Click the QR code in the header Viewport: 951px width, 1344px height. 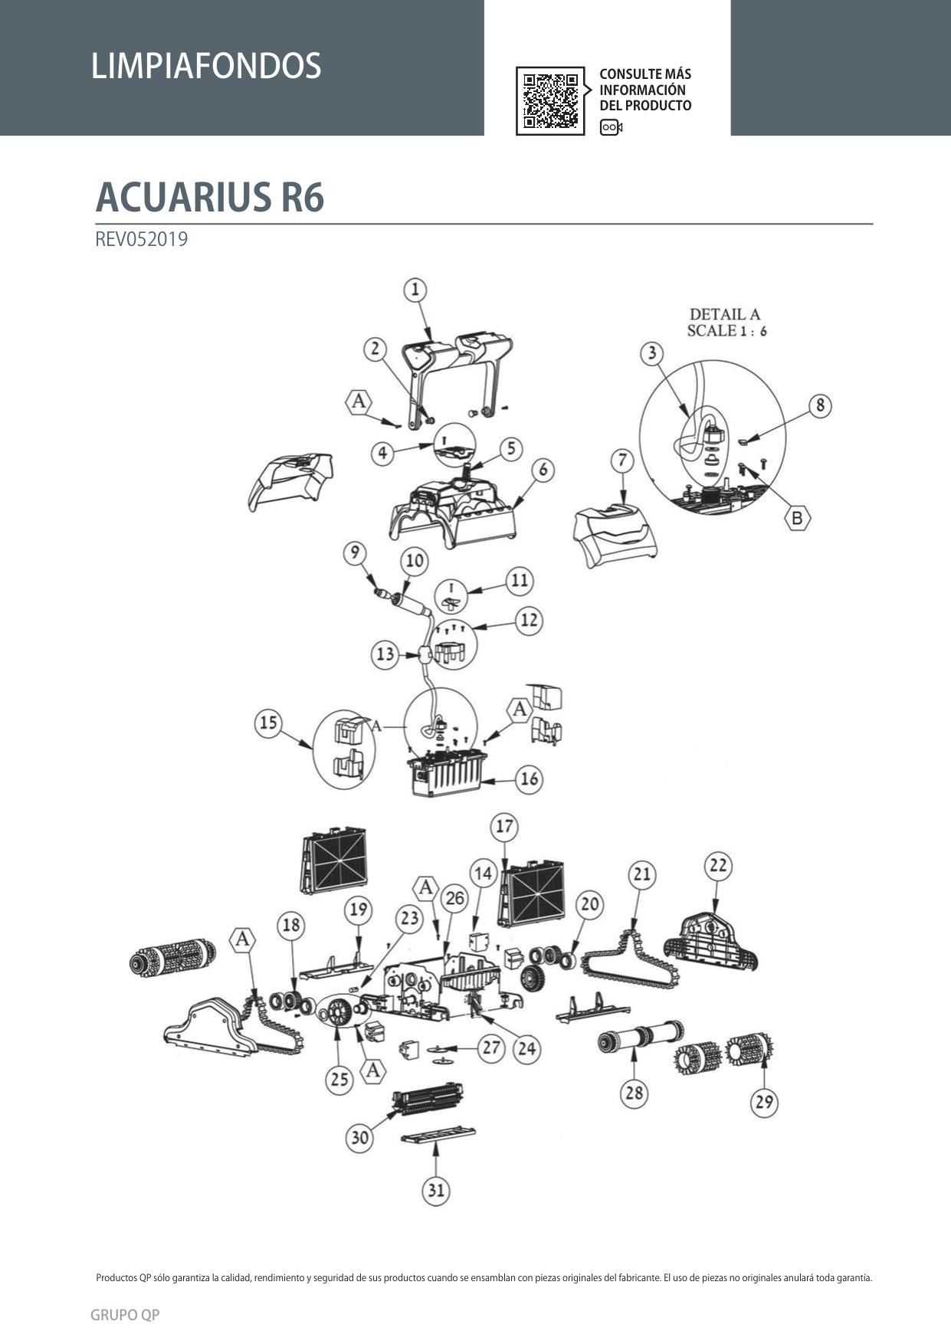pyautogui.click(x=550, y=100)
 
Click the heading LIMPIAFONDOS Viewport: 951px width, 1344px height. pyautogui.click(x=206, y=66)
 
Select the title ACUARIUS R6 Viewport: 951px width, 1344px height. pyautogui.click(x=210, y=197)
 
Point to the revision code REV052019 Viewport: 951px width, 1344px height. pyautogui.click(x=142, y=239)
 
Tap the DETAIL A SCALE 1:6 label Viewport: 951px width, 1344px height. pyautogui.click(x=726, y=322)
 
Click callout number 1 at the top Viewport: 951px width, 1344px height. pyautogui.click(x=415, y=290)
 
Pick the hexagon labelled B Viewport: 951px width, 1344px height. pyautogui.click(x=797, y=518)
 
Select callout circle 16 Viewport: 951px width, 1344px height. pyautogui.click(x=530, y=779)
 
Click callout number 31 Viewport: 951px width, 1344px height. pyautogui.click(x=435, y=1190)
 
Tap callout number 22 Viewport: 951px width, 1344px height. pyautogui.click(x=718, y=866)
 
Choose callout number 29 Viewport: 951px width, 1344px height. pyautogui.click(x=764, y=1102)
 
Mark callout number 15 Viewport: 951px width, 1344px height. pyautogui.click(x=268, y=723)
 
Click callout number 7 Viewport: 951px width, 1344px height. pyautogui.click(x=622, y=461)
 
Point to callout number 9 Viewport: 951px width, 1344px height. pyautogui.click(x=355, y=553)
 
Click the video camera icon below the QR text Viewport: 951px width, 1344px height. pyautogui.click(x=611, y=127)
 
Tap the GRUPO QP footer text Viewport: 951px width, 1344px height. pyautogui.click(x=125, y=1315)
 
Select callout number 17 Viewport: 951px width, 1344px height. pyautogui.click(x=504, y=827)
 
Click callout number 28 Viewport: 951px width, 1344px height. pyautogui.click(x=634, y=1092)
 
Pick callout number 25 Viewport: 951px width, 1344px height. pyautogui.click(x=339, y=1080)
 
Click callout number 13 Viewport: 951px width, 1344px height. pyautogui.click(x=385, y=654)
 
